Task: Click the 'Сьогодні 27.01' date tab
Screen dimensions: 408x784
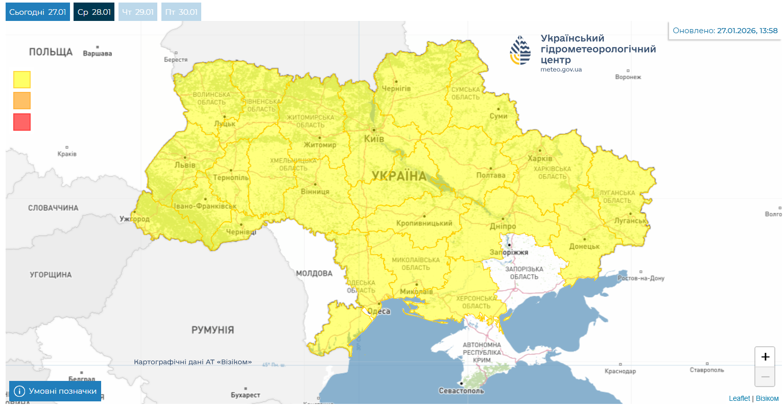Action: (x=37, y=12)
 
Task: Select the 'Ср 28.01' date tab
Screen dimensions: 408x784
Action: (x=94, y=12)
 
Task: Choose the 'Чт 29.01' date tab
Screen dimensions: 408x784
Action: (x=138, y=12)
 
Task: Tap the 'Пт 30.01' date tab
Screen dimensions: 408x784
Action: (x=181, y=12)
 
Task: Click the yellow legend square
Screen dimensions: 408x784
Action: (x=22, y=80)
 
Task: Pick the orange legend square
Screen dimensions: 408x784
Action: (x=22, y=101)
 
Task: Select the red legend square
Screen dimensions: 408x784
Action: (x=22, y=122)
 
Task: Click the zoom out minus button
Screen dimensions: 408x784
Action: (x=765, y=377)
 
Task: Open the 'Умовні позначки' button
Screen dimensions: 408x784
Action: (x=55, y=391)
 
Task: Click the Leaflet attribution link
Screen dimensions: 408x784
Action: (x=739, y=398)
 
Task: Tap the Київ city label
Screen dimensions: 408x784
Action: (x=374, y=139)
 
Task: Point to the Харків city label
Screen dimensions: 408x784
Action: (x=540, y=158)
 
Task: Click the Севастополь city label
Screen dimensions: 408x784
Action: (x=461, y=391)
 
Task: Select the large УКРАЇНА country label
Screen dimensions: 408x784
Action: (x=399, y=176)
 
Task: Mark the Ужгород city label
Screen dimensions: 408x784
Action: (x=135, y=219)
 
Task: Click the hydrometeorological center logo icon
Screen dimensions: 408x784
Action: (x=520, y=50)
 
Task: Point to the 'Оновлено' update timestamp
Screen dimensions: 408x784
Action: (x=725, y=31)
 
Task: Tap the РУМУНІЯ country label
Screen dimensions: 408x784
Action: (x=212, y=330)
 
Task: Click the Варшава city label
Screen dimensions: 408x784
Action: (x=97, y=53)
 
